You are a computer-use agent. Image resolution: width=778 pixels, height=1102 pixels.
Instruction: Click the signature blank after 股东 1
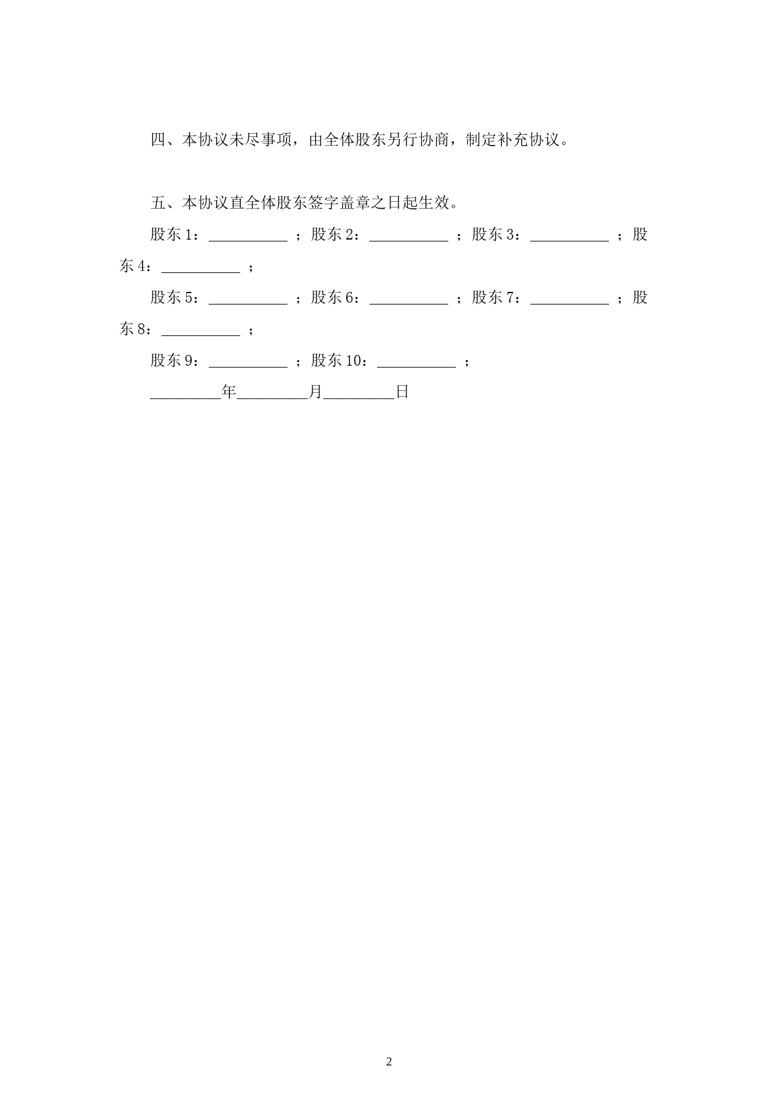[x=248, y=241]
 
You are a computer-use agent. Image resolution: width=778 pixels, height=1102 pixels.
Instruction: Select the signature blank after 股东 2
[x=409, y=241]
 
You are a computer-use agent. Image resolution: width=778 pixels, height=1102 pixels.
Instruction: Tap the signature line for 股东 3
[x=569, y=241]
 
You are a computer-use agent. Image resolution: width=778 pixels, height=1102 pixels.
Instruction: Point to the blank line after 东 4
[x=201, y=272]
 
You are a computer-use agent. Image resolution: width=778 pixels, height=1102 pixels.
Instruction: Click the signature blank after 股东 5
[x=248, y=304]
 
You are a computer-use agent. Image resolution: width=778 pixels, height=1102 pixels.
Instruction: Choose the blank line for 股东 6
[x=409, y=304]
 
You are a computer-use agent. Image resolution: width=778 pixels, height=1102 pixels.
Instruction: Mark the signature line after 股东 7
[x=569, y=304]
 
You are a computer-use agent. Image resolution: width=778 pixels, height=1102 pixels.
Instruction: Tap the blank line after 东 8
[x=201, y=335]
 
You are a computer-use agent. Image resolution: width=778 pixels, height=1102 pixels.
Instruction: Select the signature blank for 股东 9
[x=248, y=367]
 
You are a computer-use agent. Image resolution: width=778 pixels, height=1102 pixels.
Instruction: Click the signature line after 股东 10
[x=416, y=367]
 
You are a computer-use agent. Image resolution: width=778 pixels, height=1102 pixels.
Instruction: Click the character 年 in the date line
[x=229, y=392]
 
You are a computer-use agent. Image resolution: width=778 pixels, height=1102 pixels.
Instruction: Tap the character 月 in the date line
[x=315, y=392]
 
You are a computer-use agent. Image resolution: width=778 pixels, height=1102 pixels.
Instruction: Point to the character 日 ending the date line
[x=402, y=392]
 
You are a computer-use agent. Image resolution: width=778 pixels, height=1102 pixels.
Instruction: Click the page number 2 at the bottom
[x=389, y=1061]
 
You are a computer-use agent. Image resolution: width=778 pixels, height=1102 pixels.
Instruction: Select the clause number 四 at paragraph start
[x=158, y=140]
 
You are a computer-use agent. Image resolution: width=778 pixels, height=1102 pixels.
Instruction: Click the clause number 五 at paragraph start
[x=158, y=203]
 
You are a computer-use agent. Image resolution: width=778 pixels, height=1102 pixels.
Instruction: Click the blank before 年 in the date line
[x=185, y=398]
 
